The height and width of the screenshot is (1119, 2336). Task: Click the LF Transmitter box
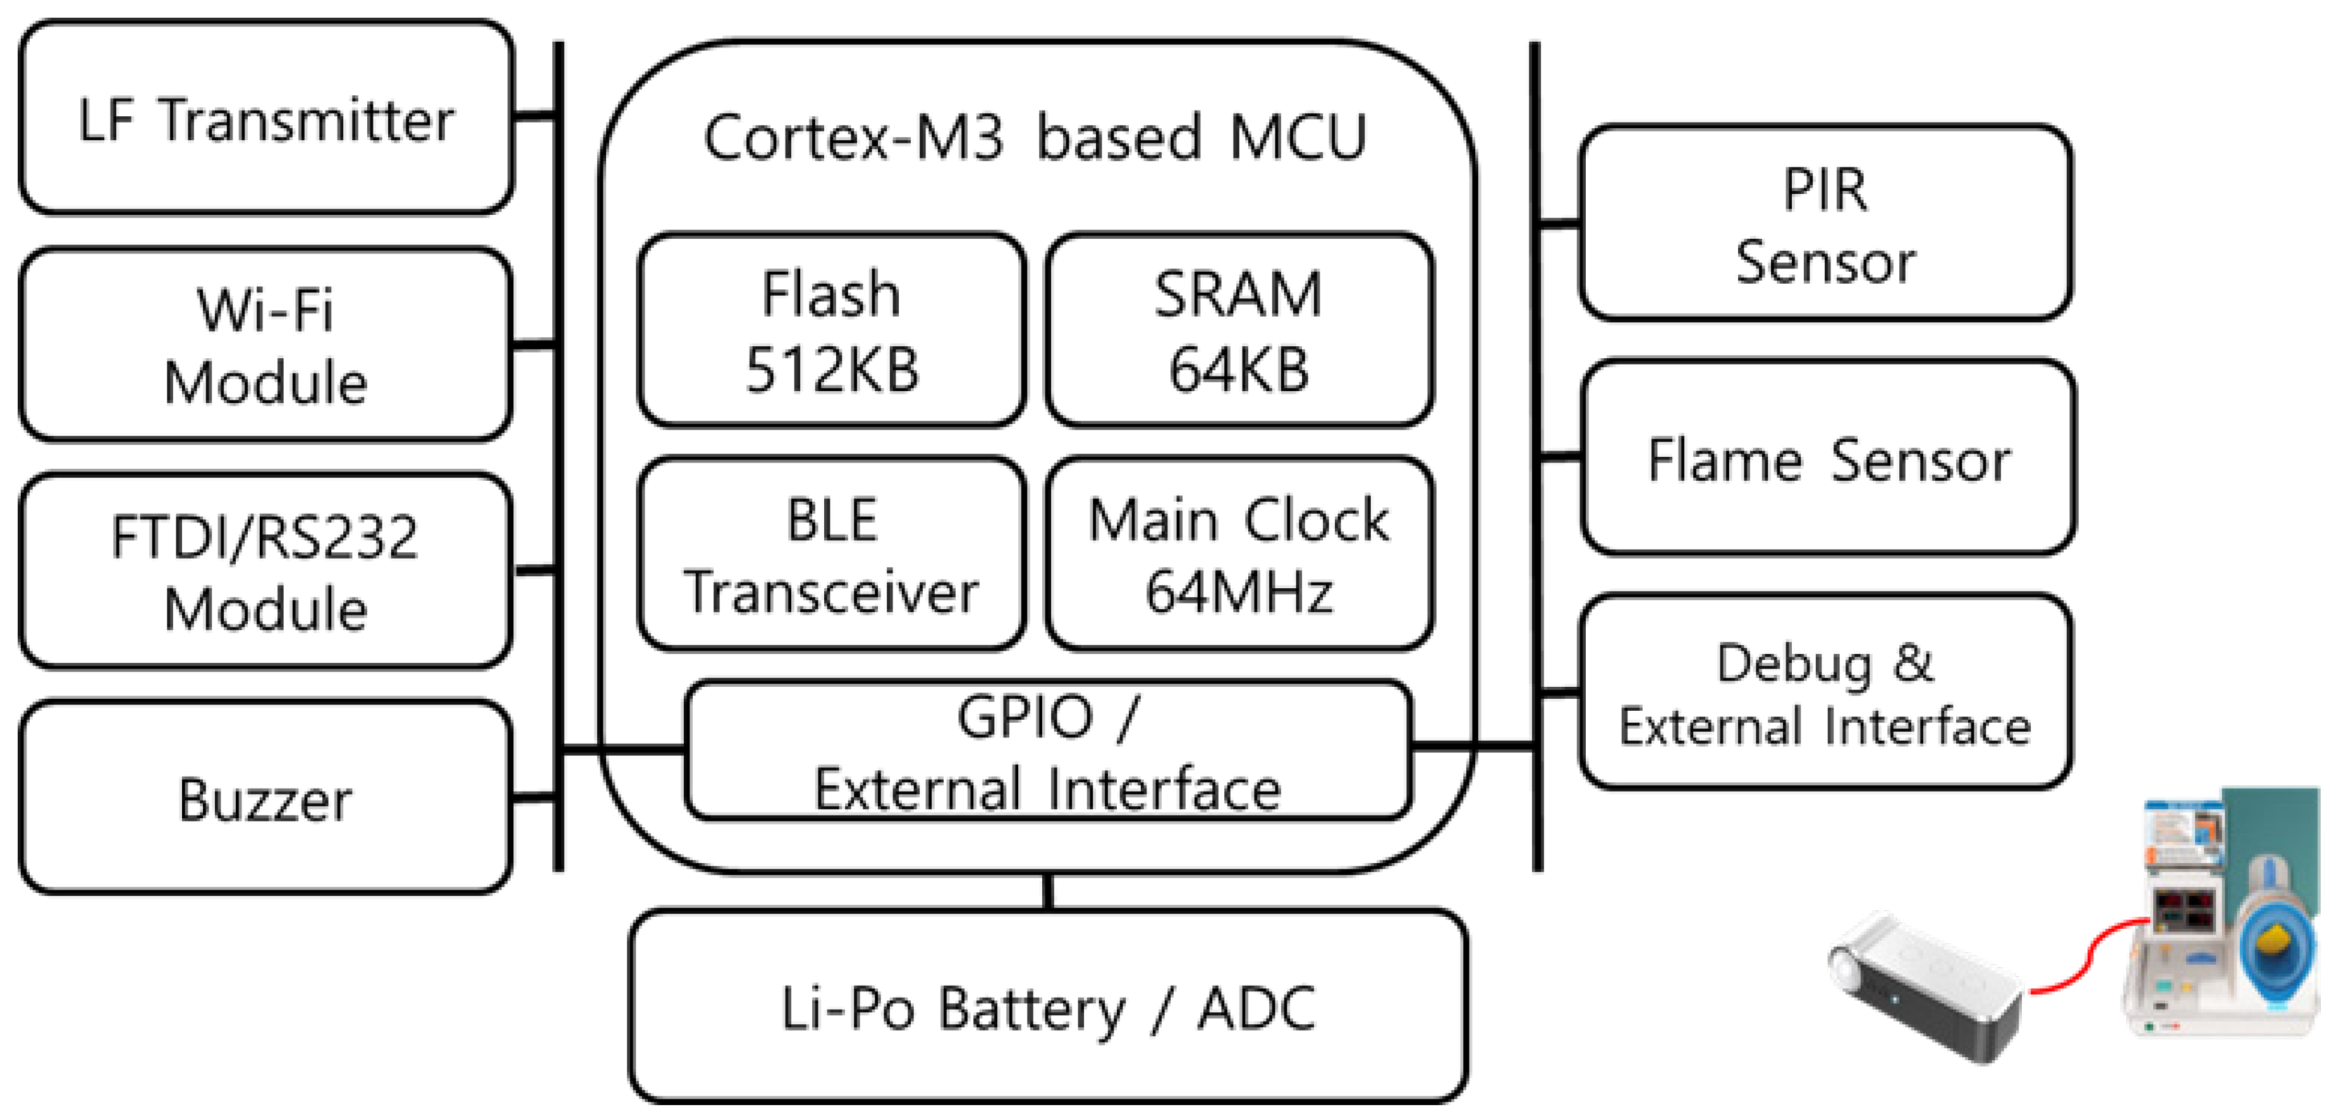[x=265, y=119]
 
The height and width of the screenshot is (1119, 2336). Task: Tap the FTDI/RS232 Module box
[x=265, y=571]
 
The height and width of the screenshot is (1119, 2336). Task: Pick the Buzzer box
[x=265, y=798]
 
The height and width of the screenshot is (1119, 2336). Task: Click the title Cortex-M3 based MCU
[x=1035, y=138]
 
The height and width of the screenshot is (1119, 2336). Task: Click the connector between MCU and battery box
[x=1049, y=892]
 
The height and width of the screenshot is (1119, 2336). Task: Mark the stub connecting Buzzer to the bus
[x=534, y=798]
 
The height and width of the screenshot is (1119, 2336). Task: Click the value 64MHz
[x=1239, y=592]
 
